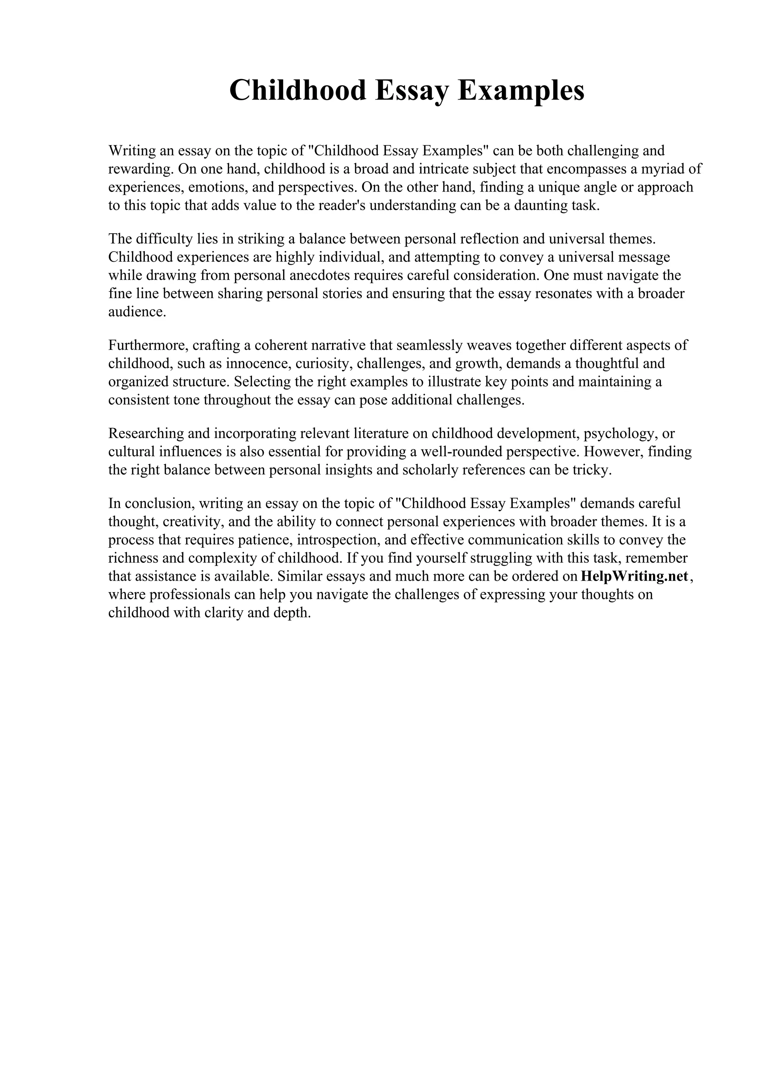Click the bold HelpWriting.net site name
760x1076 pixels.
(635, 576)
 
